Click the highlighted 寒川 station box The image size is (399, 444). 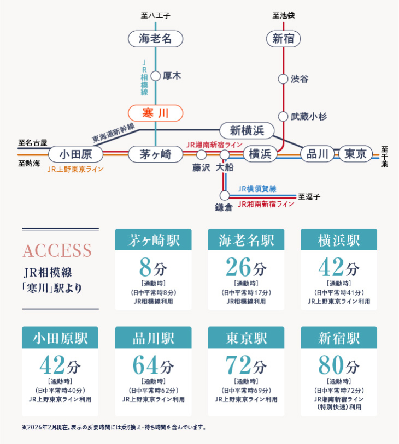[156, 113]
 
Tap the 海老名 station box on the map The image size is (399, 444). [156, 39]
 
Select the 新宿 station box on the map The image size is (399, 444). [283, 39]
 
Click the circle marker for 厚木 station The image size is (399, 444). [156, 76]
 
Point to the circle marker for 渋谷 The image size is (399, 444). [283, 79]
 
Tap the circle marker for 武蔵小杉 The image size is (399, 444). [283, 116]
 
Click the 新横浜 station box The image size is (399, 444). [247, 130]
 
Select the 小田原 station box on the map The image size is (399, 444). [76, 154]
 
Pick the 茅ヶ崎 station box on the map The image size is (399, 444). [156, 154]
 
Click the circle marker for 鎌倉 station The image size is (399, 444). [225, 195]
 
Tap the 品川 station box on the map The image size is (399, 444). [317, 154]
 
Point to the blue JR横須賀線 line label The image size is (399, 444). [257, 189]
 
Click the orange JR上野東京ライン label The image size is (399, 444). [75, 169]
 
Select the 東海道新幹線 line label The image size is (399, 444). [113, 133]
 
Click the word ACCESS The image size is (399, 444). [57, 250]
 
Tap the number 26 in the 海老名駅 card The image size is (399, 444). [238, 267]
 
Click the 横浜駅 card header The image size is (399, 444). [339, 239]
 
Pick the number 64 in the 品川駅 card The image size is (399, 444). [145, 365]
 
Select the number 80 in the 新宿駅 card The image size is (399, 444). [331, 365]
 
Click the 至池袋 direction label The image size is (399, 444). [284, 15]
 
